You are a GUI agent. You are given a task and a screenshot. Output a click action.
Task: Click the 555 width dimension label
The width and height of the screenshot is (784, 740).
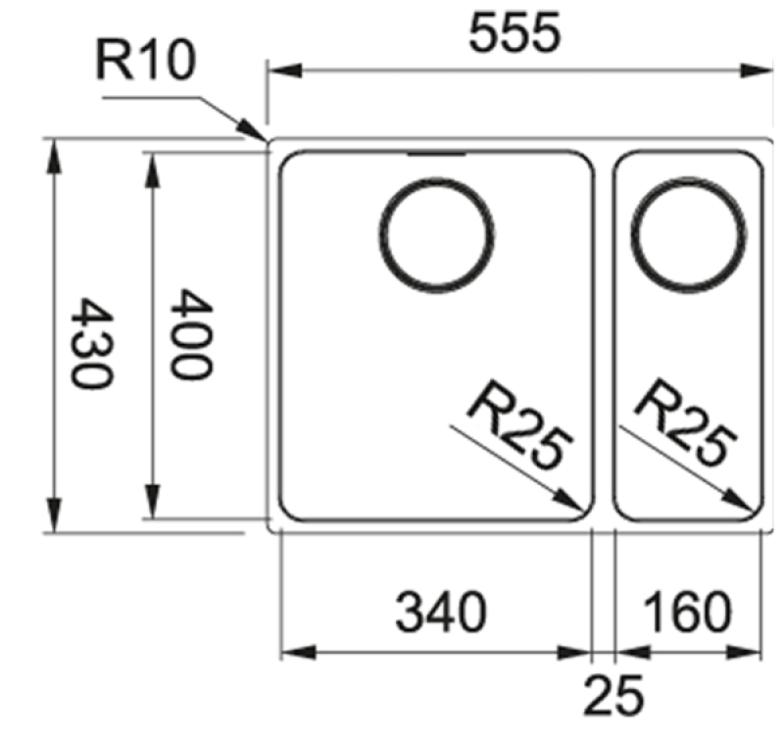point(514,33)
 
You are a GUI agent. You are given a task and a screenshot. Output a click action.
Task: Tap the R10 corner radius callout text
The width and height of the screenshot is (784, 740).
point(145,61)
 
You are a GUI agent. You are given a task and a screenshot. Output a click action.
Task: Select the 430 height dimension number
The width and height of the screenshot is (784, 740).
point(91,343)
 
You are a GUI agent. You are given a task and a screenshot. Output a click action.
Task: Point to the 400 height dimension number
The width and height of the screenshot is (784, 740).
point(190,334)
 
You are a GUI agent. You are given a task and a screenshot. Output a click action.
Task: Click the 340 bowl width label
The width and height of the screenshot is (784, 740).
point(440,612)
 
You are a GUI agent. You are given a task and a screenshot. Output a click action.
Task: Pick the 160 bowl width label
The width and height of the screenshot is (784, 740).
point(687,612)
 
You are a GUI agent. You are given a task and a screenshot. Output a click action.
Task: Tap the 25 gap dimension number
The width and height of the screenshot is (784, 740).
point(613,695)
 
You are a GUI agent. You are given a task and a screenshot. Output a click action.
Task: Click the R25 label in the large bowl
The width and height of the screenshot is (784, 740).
point(520,425)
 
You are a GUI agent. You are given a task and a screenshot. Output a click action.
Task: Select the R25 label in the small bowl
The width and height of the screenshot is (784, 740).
point(686,423)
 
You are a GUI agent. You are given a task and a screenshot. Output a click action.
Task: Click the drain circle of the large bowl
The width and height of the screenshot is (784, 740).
point(436,234)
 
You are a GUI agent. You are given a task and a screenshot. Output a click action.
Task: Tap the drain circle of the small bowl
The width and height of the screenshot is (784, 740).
point(689,234)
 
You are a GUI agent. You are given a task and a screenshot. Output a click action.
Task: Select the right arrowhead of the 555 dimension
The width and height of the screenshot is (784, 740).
point(757,71)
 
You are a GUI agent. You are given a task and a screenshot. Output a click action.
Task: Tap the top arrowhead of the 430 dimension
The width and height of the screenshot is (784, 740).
point(54,157)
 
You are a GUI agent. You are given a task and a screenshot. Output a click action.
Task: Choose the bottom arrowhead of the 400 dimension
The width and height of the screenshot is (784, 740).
point(153,500)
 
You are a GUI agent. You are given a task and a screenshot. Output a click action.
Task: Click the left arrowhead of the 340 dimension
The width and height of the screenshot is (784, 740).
point(299,653)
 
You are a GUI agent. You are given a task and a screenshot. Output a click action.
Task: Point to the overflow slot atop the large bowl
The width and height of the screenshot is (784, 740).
point(437,154)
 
